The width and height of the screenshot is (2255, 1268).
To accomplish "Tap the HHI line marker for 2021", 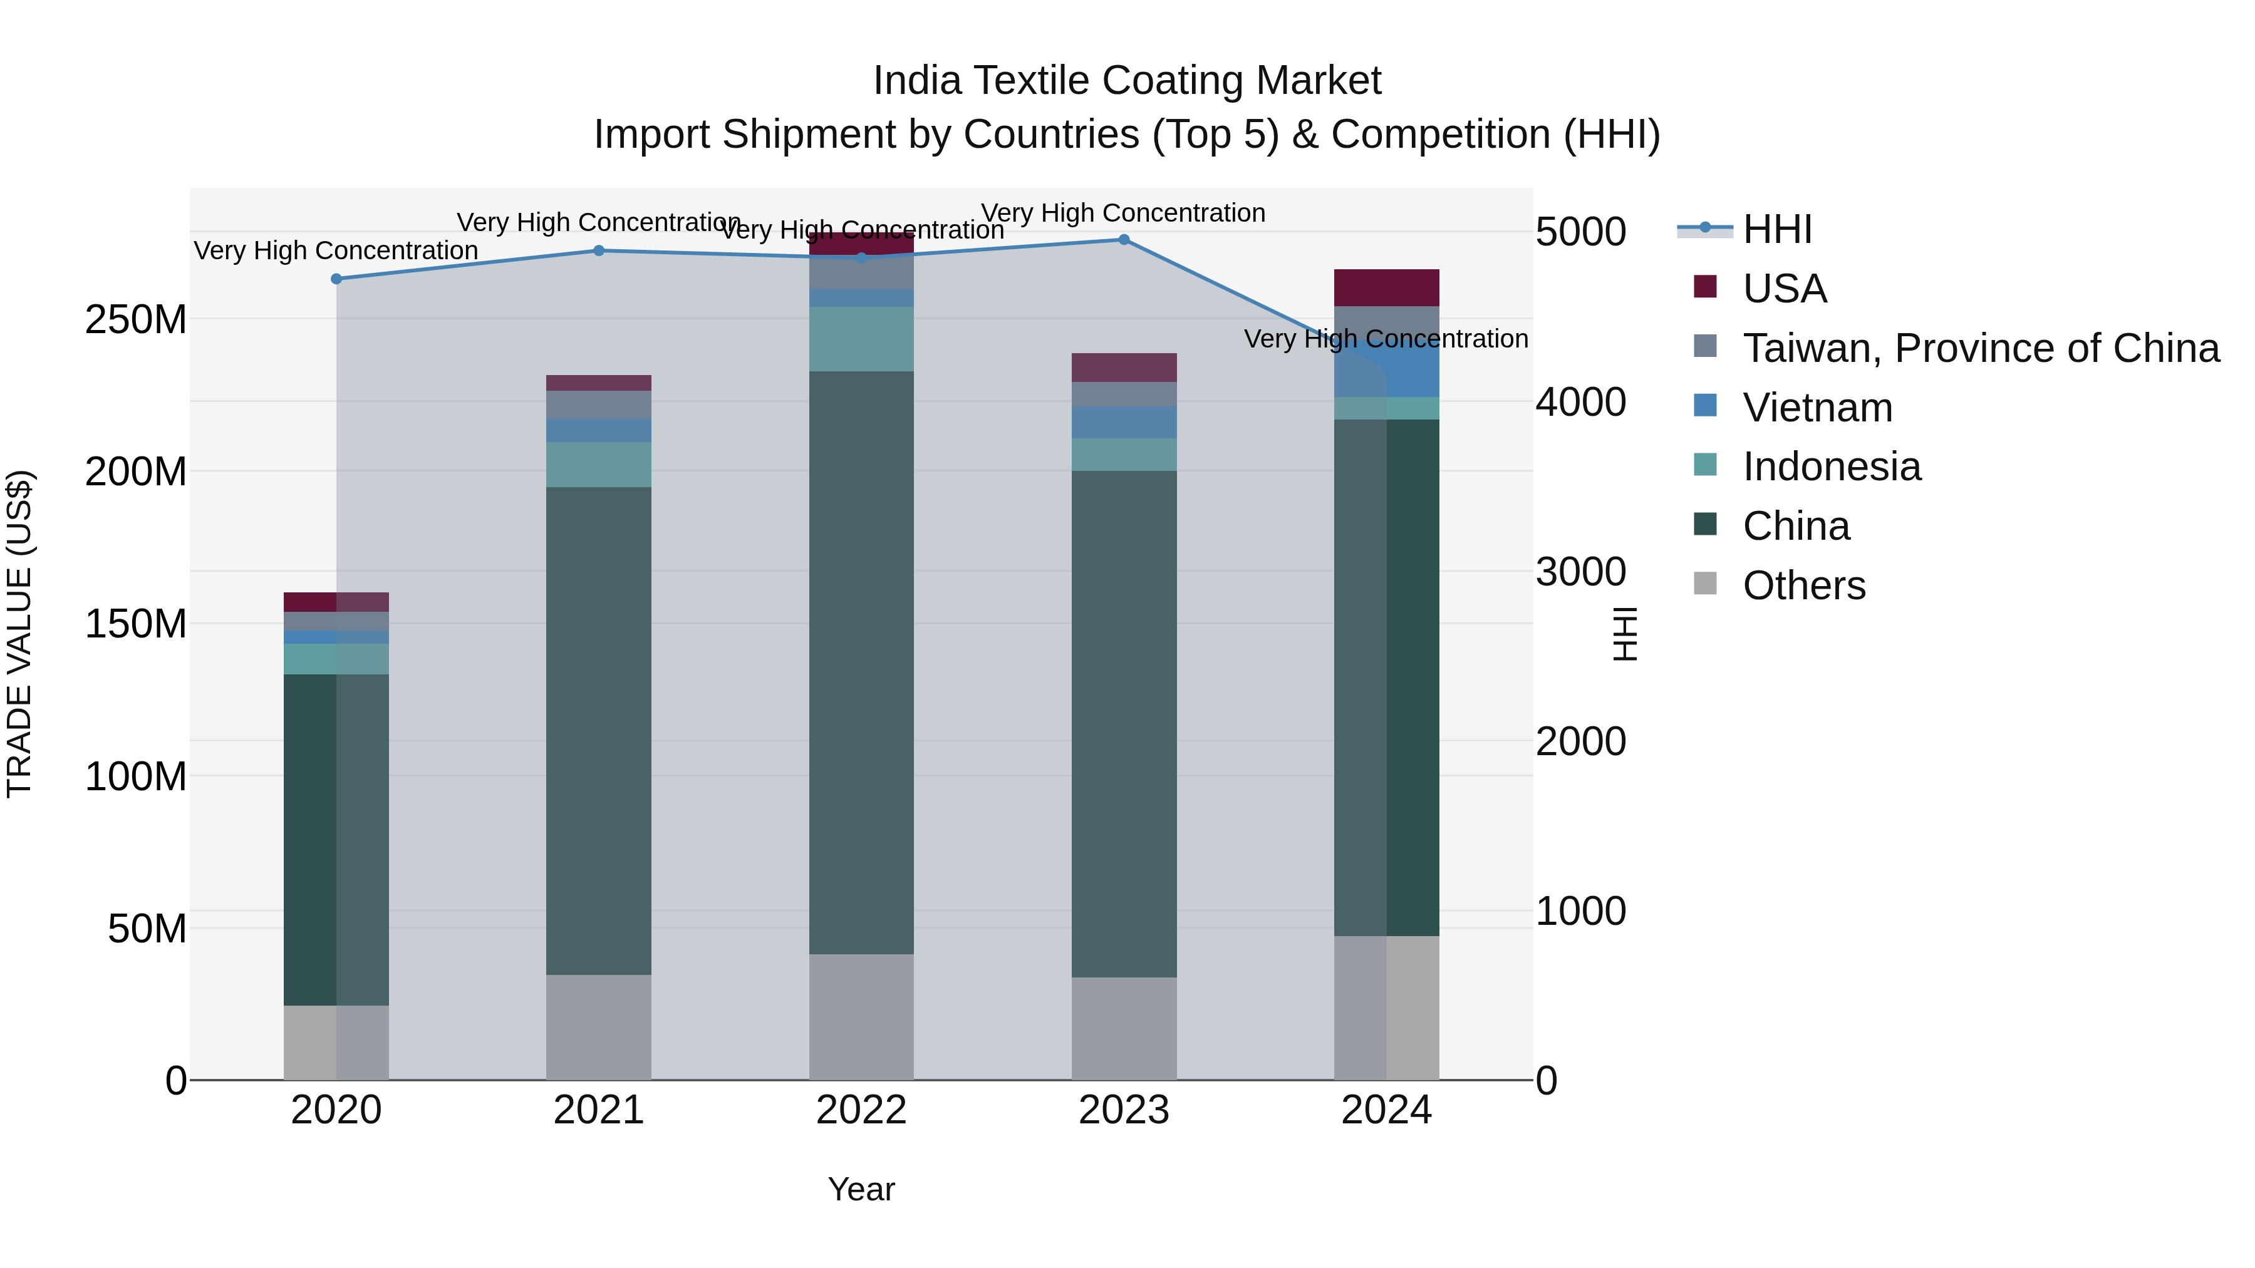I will pos(599,251).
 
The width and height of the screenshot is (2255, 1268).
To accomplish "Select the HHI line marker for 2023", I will pos(1124,240).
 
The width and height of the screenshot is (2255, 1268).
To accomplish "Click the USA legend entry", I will pos(1783,289).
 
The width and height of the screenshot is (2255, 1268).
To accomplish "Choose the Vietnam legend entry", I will pos(1817,408).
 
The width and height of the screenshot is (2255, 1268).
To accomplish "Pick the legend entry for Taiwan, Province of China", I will pos(1980,348).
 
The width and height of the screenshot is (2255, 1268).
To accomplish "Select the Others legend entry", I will pos(1803,585).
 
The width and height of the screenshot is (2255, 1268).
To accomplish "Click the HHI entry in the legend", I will pos(1776,229).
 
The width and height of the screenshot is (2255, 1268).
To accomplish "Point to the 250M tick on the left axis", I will pos(136,319).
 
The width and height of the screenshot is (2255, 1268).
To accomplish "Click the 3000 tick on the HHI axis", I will pos(1580,572).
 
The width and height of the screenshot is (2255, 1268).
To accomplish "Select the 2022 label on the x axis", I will pos(861,1110).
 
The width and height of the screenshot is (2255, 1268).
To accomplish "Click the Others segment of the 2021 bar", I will pos(599,1028).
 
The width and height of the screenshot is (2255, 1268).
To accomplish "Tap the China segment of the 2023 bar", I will pos(1124,724).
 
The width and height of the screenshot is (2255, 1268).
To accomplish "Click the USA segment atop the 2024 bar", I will pos(1387,288).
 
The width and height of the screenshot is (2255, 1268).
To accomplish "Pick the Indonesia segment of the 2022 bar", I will pos(861,339).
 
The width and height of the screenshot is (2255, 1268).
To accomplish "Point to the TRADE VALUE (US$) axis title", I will pos(19,634).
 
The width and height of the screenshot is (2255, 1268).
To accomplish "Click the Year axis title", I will pos(861,1189).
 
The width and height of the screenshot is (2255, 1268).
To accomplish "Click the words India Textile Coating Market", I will pos(1127,81).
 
